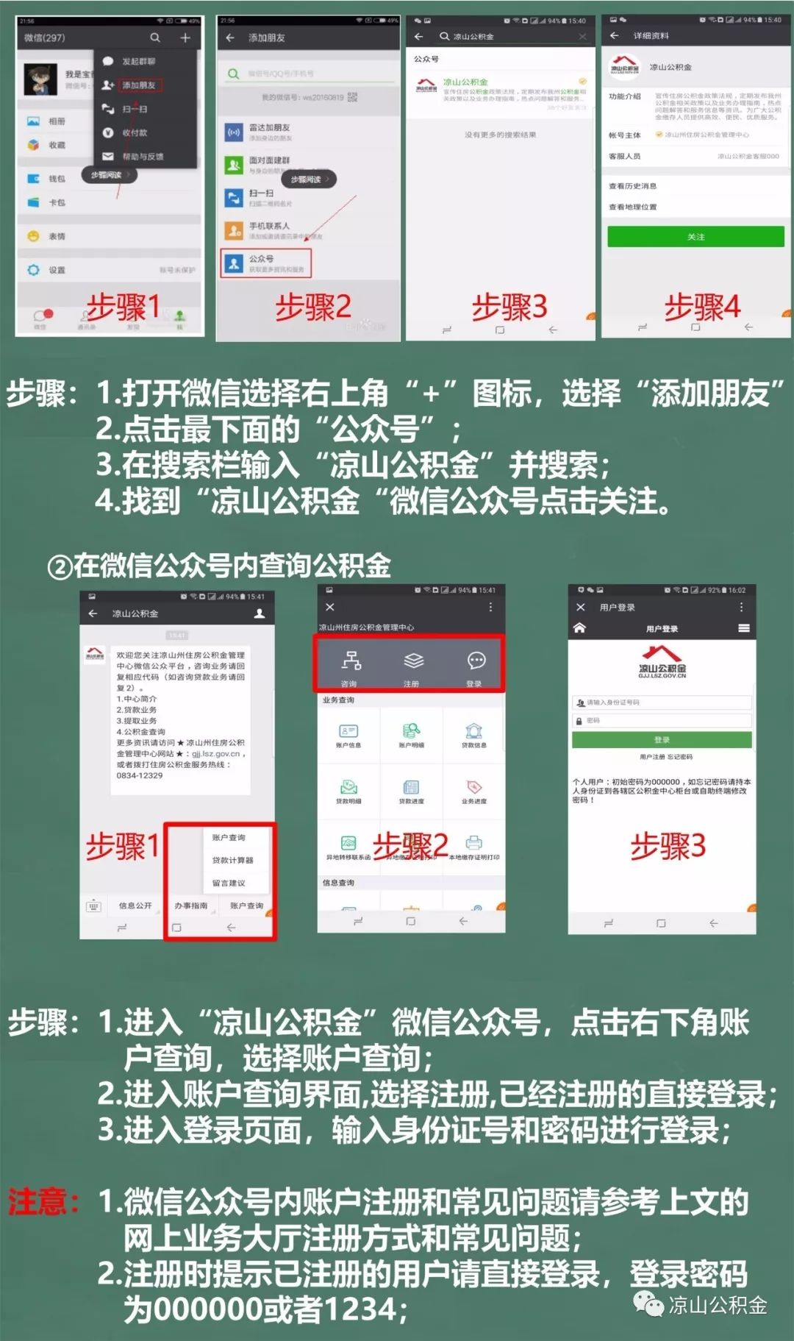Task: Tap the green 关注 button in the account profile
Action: point(695,236)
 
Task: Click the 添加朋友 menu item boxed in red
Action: point(139,85)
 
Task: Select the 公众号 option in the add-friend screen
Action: point(265,263)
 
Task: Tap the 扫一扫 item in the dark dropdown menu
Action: point(135,109)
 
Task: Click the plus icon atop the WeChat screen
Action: point(185,38)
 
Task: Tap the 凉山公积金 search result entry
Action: point(500,90)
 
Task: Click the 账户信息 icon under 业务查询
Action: point(348,734)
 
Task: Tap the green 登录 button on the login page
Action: point(662,740)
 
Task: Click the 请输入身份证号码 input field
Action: point(662,702)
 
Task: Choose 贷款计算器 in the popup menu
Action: point(232,860)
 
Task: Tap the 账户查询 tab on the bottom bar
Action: point(246,906)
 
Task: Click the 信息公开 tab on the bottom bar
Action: point(135,906)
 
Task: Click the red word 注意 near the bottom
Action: point(43,1203)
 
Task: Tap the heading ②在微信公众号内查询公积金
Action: point(219,566)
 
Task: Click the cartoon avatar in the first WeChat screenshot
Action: point(40,79)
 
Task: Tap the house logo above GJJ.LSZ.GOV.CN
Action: point(661,654)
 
